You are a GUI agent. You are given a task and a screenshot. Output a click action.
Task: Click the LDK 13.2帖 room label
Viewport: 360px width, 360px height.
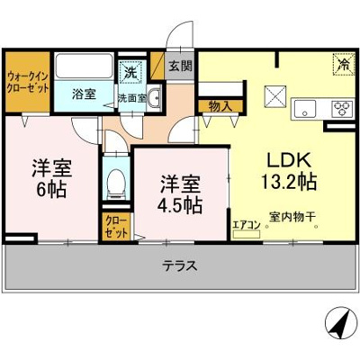pos(288,170)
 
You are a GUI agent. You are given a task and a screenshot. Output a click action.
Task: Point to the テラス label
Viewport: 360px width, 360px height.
pos(180,266)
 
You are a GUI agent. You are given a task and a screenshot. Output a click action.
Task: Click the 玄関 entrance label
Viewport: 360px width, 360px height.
pos(179,66)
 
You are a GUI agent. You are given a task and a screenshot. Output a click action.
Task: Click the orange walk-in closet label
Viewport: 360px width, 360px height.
pos(27,83)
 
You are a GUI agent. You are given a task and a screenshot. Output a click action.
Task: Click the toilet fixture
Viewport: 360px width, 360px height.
pos(115,184)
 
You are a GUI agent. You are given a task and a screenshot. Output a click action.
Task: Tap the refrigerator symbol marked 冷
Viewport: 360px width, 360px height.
pos(343,64)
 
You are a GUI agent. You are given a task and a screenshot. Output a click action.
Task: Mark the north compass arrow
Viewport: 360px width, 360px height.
pos(336,320)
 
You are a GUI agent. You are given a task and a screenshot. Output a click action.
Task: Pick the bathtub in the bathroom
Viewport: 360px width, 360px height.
pos(84,67)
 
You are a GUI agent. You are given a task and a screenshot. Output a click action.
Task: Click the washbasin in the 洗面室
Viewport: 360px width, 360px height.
pos(154,99)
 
